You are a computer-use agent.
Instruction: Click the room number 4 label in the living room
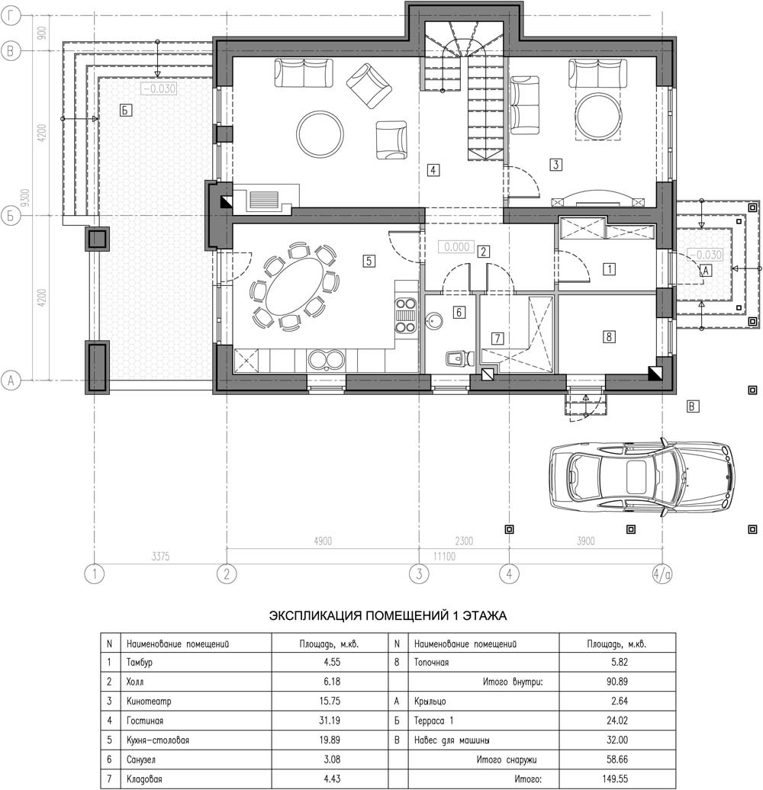[433, 170]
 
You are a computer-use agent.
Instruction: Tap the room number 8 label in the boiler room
[609, 336]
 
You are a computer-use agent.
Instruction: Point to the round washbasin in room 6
[434, 320]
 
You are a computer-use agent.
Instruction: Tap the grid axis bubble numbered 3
[419, 574]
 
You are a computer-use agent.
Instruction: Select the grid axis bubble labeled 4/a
[662, 574]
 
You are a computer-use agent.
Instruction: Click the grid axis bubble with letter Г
[11, 16]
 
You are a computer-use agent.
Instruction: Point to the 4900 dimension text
[323, 541]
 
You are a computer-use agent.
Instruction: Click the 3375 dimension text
[160, 556]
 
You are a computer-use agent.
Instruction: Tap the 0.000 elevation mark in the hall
[456, 247]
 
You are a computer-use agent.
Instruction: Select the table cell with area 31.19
[330, 721]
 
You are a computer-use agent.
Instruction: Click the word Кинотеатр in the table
[149, 702]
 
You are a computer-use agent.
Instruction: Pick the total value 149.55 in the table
[615, 779]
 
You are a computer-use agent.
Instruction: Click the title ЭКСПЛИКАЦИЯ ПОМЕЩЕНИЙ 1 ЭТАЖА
[388, 615]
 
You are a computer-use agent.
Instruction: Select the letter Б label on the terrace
[125, 110]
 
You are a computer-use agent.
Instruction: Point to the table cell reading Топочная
[431, 662]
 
